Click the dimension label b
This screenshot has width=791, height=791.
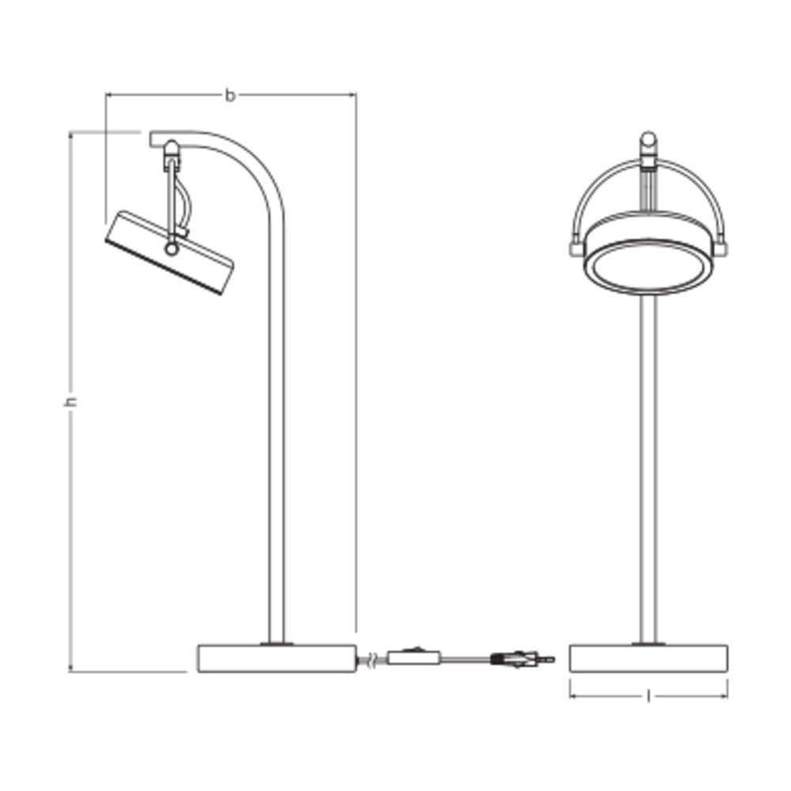tap(230, 96)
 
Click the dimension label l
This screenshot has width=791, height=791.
tap(649, 697)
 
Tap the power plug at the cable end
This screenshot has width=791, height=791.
tap(523, 659)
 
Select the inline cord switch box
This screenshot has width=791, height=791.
tap(414, 657)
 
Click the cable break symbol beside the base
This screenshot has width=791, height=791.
tap(372, 660)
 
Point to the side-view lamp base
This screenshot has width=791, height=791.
tap(277, 658)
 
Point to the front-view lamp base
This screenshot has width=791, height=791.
tap(649, 658)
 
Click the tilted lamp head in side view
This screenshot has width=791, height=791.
tap(169, 252)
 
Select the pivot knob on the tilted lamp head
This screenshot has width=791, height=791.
tap(172, 248)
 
